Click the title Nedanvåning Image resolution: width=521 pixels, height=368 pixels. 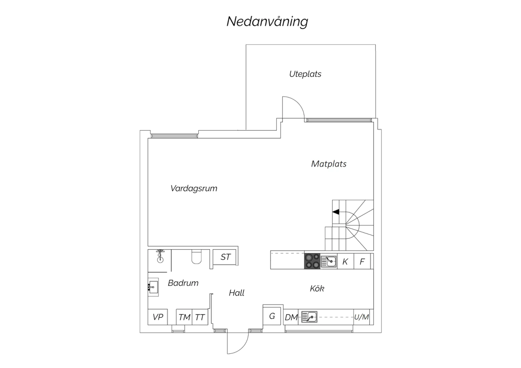click(x=267, y=22)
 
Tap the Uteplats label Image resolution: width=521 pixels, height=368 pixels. click(x=305, y=74)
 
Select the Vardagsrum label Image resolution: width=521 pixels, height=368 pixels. click(x=194, y=188)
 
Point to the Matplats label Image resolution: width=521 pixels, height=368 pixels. click(x=329, y=164)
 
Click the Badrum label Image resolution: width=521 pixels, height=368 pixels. click(x=183, y=283)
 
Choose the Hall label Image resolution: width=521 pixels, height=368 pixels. click(x=237, y=293)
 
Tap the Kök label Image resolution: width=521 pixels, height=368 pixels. click(x=317, y=288)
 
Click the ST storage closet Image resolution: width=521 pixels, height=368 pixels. click(x=225, y=257)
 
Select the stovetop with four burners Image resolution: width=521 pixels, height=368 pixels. click(x=312, y=261)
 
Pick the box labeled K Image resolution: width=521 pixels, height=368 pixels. click(x=345, y=261)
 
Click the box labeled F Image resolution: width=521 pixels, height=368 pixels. click(x=362, y=261)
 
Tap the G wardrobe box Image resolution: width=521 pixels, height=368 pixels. click(x=272, y=316)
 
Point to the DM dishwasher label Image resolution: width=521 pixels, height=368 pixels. click(x=291, y=317)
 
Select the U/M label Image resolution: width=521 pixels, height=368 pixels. click(x=362, y=317)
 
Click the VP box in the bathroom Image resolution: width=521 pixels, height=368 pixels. click(x=158, y=317)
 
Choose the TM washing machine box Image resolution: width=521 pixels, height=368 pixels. click(x=184, y=317)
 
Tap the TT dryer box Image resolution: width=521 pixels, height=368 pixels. click(x=200, y=317)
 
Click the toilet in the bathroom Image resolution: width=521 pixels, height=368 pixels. click(x=197, y=257)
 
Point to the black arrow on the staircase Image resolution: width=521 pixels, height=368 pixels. click(x=336, y=212)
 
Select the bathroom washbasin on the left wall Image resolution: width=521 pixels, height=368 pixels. click(x=153, y=287)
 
